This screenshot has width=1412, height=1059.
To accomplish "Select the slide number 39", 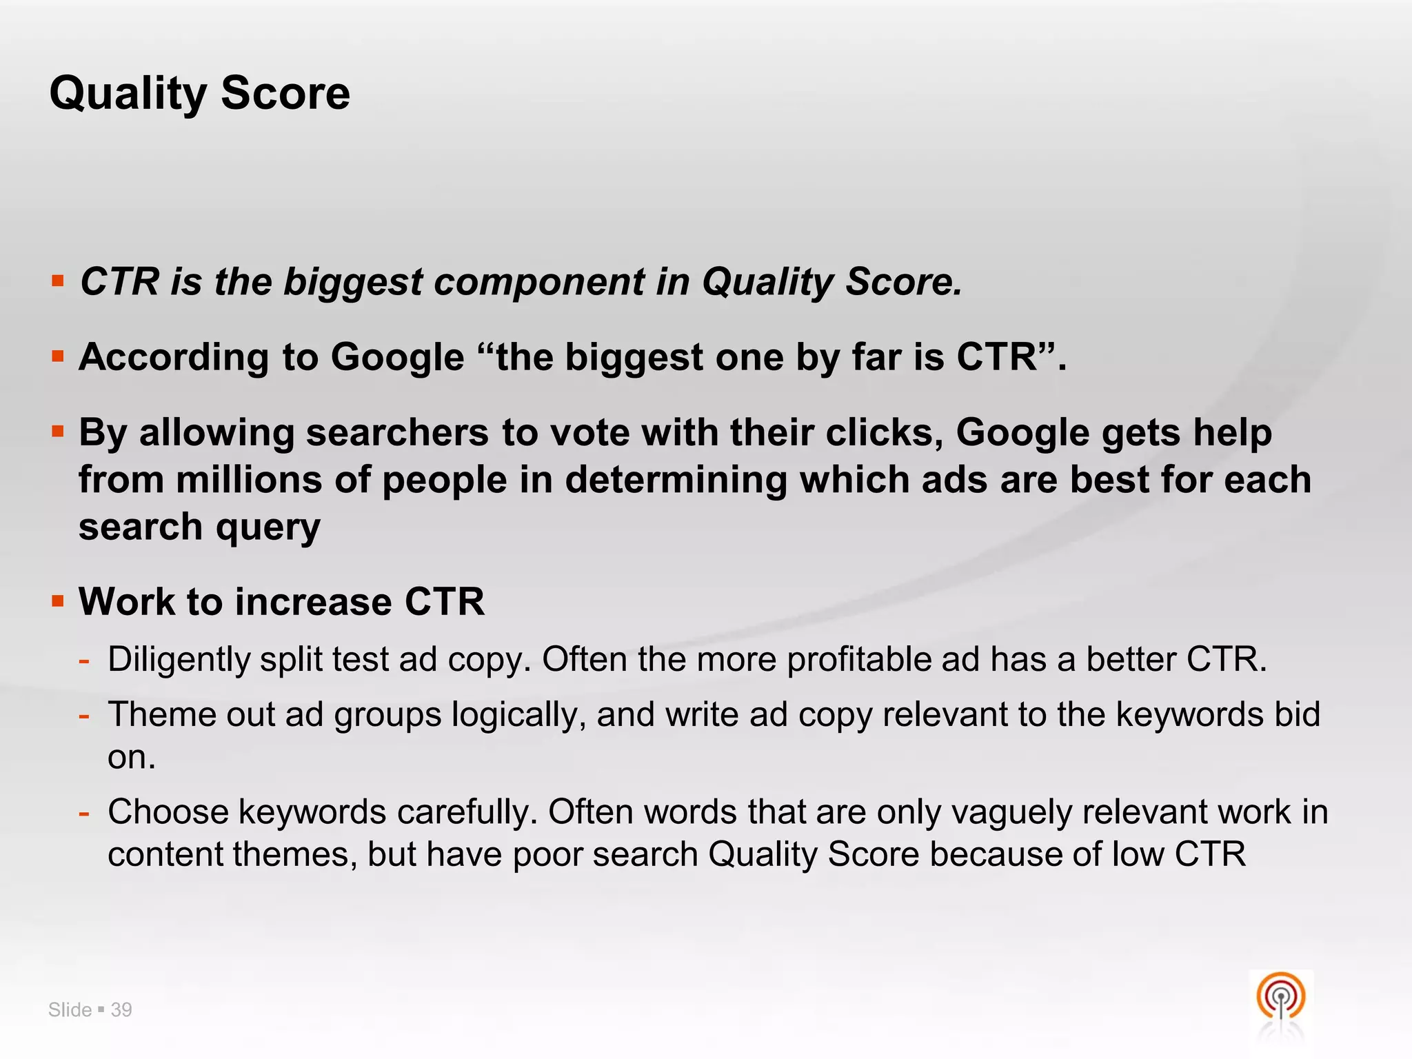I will (x=121, y=1010).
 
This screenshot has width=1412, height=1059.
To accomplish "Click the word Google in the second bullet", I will (x=397, y=357).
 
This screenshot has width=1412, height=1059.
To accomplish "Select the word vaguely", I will (x=1011, y=811).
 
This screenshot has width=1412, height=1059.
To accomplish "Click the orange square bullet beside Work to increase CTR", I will (x=58, y=601).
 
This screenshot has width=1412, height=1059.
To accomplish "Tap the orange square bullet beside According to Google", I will (x=58, y=357).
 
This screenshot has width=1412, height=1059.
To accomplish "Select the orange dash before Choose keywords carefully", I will (x=84, y=813).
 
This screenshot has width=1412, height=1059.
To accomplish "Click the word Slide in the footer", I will (x=70, y=1010).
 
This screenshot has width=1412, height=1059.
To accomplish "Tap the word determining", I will (x=676, y=480).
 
